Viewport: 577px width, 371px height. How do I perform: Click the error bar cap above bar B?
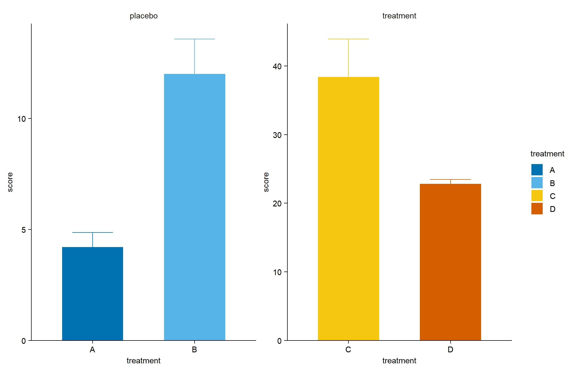(195, 39)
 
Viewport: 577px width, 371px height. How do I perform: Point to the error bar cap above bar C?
(348, 39)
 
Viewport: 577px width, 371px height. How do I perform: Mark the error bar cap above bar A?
(93, 232)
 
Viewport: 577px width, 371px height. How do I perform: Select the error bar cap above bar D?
(450, 179)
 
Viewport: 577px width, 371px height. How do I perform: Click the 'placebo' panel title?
(143, 16)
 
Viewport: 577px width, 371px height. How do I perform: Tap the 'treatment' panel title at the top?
(399, 16)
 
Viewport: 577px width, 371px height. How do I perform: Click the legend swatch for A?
(537, 170)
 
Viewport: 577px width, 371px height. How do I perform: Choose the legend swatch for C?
(537, 196)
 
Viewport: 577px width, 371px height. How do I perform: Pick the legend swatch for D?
(537, 209)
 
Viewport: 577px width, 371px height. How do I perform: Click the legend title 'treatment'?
(547, 154)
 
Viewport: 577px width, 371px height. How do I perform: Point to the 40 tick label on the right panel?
(277, 66)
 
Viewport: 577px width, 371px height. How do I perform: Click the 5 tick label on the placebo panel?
(24, 230)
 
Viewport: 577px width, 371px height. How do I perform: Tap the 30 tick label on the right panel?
(277, 135)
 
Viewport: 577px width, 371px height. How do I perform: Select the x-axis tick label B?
(194, 350)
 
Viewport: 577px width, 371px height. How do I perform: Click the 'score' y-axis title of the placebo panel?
(10, 182)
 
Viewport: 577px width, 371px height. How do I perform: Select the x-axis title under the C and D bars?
(399, 361)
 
